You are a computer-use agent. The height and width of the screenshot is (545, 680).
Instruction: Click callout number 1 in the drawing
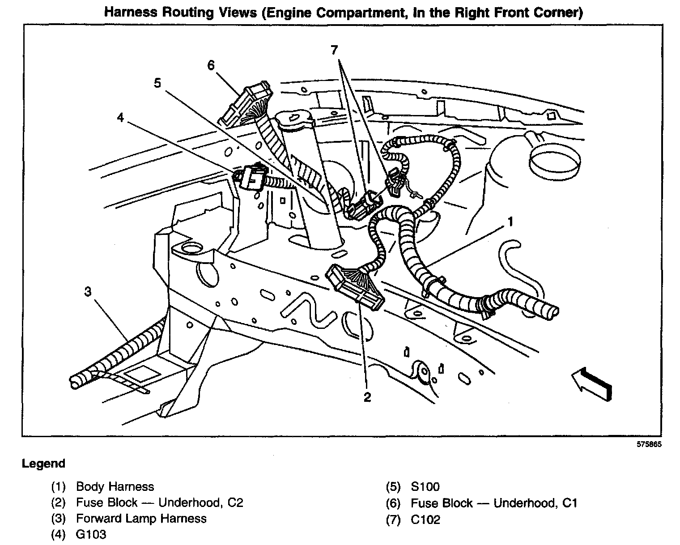click(x=510, y=221)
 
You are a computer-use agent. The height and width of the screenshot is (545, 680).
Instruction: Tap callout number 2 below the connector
click(x=367, y=396)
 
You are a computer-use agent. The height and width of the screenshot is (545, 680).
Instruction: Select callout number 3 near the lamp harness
click(x=88, y=292)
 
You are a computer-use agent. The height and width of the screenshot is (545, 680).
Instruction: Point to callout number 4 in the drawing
click(x=120, y=118)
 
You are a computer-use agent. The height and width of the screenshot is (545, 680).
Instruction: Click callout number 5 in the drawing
click(x=157, y=83)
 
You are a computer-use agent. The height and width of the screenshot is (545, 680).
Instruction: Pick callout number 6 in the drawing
click(x=211, y=65)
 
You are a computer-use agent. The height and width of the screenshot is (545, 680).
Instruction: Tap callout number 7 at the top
click(x=335, y=50)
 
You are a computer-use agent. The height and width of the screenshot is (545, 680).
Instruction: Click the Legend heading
click(x=43, y=464)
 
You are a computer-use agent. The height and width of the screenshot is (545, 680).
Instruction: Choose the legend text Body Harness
click(x=115, y=487)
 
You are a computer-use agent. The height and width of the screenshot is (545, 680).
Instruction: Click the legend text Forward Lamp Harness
click(x=141, y=519)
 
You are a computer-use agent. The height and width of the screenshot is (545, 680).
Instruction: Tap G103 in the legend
click(x=91, y=534)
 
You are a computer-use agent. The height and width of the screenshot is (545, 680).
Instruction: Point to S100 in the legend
click(x=425, y=487)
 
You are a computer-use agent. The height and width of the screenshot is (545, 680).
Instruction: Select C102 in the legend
click(x=425, y=519)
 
